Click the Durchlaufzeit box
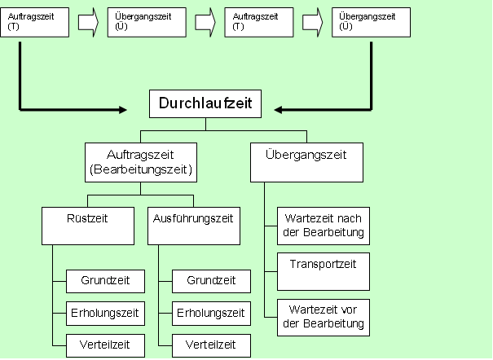click(x=205, y=104)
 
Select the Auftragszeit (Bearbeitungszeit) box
click(x=140, y=162)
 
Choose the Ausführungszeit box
click(x=193, y=226)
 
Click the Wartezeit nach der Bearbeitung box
click(x=324, y=226)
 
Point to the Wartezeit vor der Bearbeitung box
click(x=324, y=317)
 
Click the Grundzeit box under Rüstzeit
click(x=105, y=281)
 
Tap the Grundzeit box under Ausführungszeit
click(x=211, y=281)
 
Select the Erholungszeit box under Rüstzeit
click(x=105, y=313)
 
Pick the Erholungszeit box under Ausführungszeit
click(x=211, y=313)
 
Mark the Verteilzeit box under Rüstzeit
click(x=105, y=345)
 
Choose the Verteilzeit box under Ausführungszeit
click(x=211, y=345)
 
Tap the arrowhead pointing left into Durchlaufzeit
click(x=279, y=109)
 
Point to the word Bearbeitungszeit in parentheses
click(x=140, y=169)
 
